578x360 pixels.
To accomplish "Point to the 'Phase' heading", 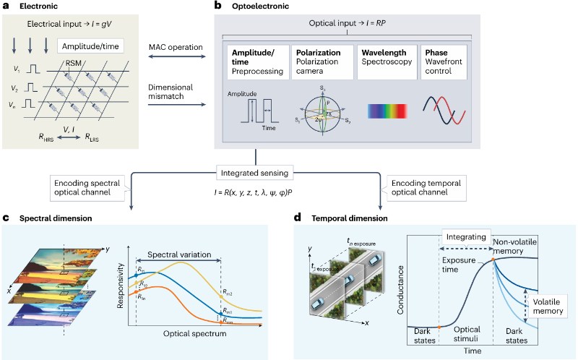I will coord(434,53).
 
